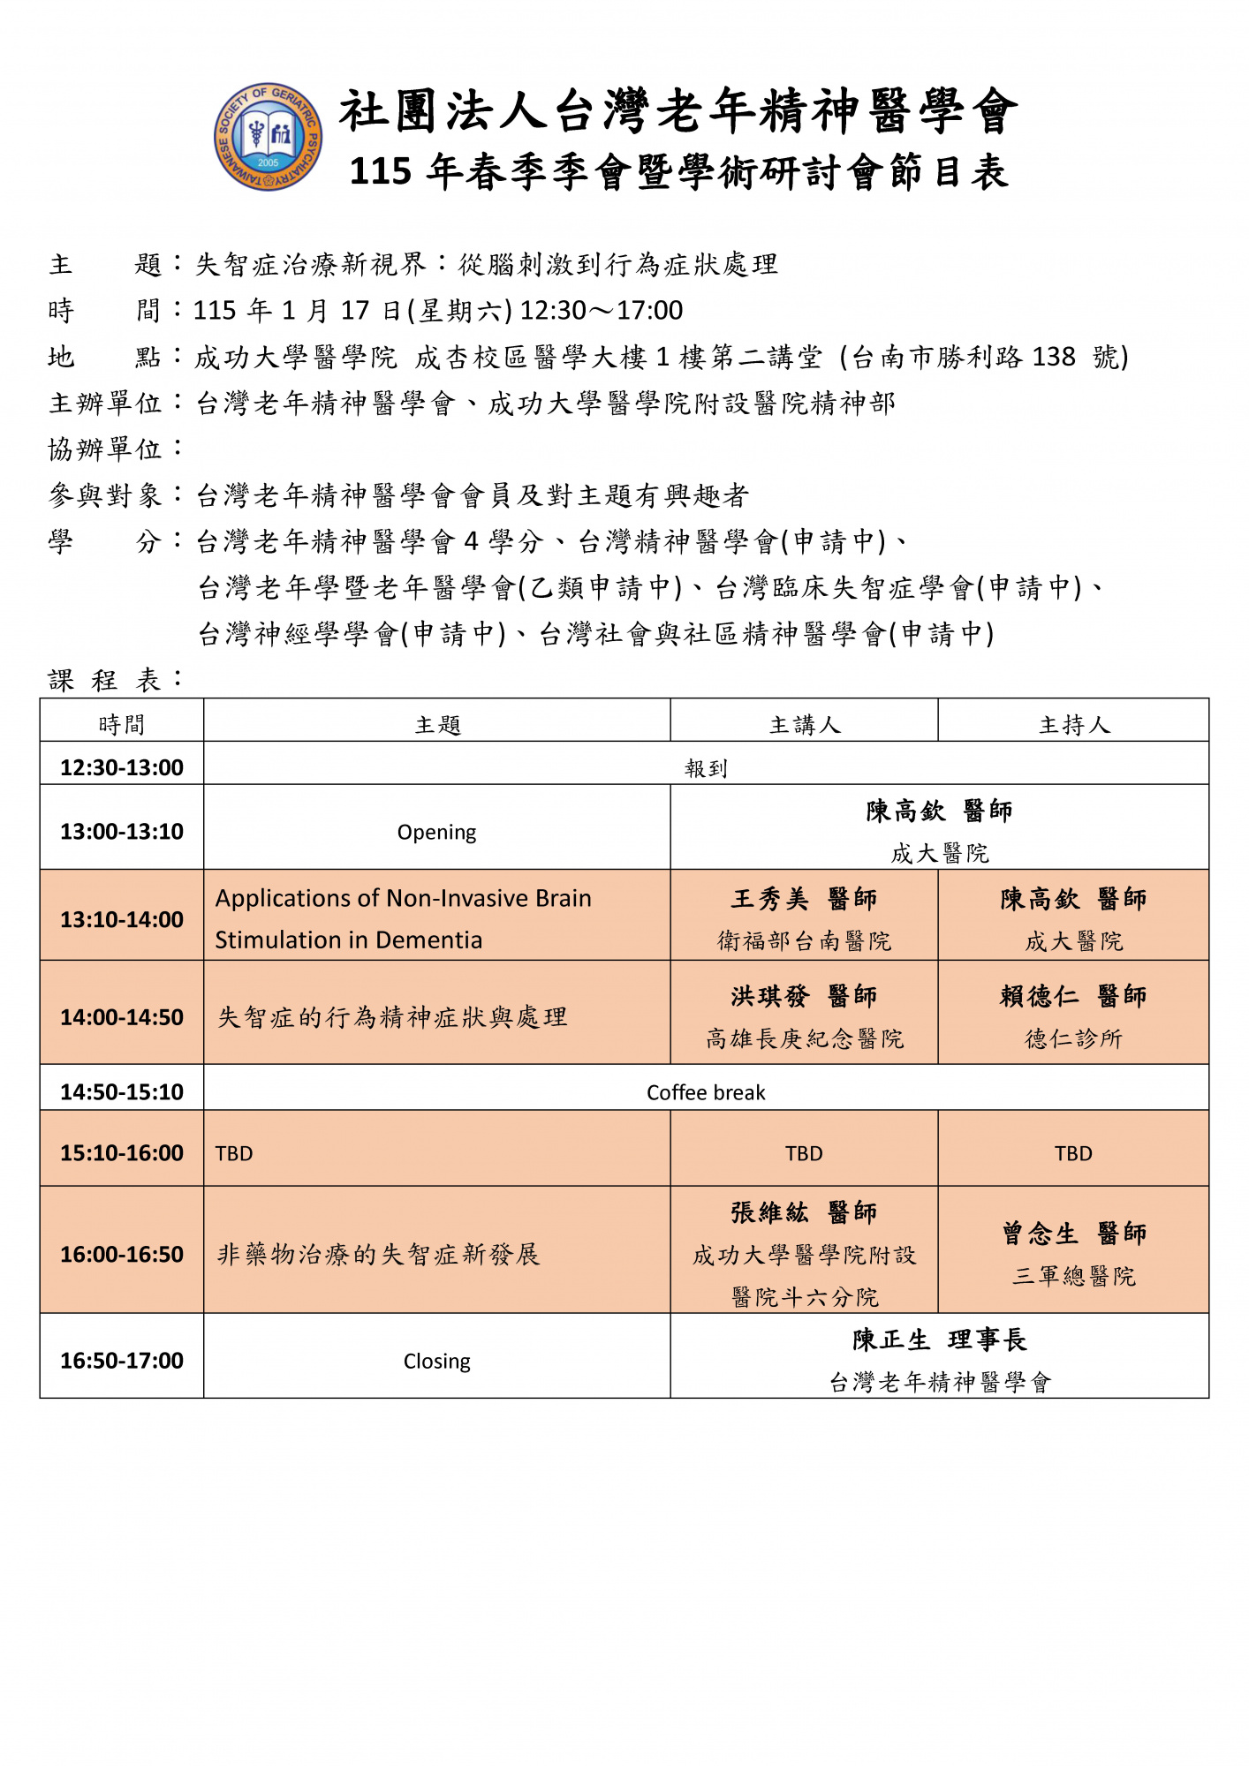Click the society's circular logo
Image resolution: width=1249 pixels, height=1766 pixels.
click(x=268, y=137)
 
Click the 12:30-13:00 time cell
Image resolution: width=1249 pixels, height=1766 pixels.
click(x=122, y=767)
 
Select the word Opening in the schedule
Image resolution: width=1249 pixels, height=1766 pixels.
click(x=436, y=832)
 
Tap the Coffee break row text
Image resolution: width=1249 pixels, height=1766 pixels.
click(x=706, y=1092)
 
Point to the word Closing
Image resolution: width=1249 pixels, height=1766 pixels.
click(x=436, y=1361)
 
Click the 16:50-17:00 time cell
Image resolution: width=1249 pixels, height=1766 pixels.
click(x=122, y=1360)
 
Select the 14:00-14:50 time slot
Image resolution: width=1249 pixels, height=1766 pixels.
click(x=122, y=1017)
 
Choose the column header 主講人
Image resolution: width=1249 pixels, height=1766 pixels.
click(x=804, y=725)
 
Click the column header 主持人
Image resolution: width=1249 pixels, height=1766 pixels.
click(x=1073, y=725)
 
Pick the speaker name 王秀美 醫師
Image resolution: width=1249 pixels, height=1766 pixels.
click(x=804, y=899)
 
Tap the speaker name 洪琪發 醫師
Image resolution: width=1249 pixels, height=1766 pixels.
click(x=804, y=996)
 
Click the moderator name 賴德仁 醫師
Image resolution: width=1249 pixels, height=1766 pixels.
click(x=1073, y=996)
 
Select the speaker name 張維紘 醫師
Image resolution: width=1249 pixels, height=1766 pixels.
click(x=804, y=1212)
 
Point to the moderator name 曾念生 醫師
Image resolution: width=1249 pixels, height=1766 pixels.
click(x=1073, y=1234)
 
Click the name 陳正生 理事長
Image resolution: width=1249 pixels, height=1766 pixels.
click(x=939, y=1340)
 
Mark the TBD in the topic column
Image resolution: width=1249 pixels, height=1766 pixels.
click(x=234, y=1153)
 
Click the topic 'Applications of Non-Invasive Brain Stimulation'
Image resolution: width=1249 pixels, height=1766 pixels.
click(x=403, y=918)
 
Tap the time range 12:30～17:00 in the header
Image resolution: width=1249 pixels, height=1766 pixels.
click(x=602, y=311)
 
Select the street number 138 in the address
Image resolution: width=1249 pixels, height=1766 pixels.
click(x=1053, y=357)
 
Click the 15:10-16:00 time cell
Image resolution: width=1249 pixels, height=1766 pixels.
click(x=122, y=1152)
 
